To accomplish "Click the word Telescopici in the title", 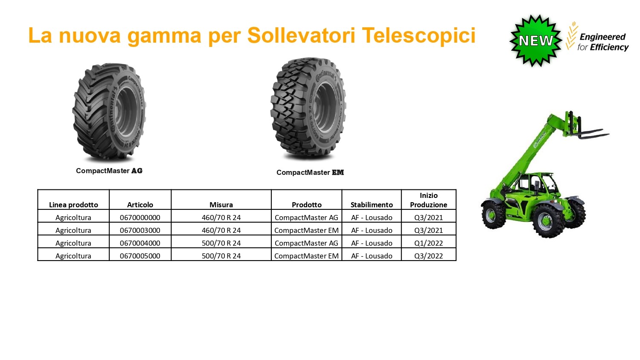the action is click(419, 35).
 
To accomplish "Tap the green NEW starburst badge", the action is click(536, 41).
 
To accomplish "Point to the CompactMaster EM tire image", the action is click(308, 109).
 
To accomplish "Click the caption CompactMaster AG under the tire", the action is click(109, 171).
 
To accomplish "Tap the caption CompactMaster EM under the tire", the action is click(310, 172).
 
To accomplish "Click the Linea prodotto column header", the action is click(73, 205).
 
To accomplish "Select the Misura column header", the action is click(221, 205).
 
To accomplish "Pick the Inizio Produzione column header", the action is click(428, 200).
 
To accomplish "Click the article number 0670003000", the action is click(140, 230).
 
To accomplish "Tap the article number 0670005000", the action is click(140, 256).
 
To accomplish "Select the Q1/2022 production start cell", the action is click(428, 243).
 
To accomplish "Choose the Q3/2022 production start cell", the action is click(428, 256).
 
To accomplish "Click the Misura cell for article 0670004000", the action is click(221, 243).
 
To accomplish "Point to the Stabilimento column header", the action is click(372, 205).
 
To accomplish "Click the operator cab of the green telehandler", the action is click(534, 186).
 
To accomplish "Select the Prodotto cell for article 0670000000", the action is click(306, 218).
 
